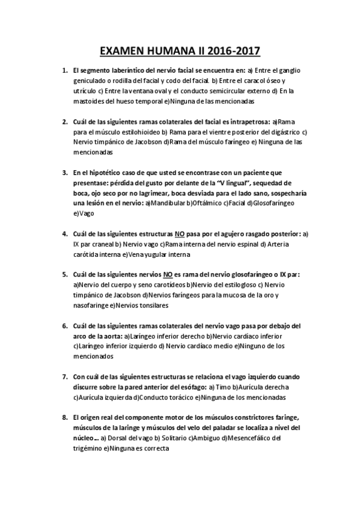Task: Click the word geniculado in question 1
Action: (91, 80)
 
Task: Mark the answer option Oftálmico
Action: (203, 203)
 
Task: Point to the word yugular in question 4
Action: (152, 254)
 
